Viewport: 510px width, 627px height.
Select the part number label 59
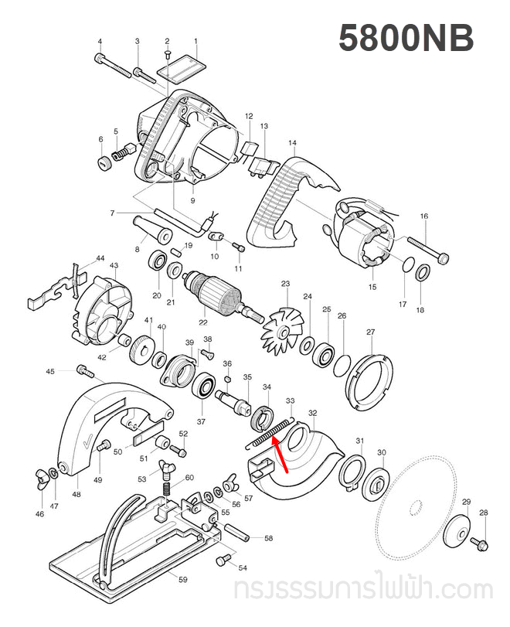coord(183,579)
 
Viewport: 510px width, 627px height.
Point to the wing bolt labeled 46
coord(39,472)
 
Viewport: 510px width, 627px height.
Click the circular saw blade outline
coord(416,506)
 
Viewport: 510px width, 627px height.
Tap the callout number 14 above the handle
coord(292,143)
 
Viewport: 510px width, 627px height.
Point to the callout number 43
coord(114,265)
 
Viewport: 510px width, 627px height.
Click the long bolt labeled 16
coord(424,247)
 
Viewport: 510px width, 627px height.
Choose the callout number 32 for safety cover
coord(312,413)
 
